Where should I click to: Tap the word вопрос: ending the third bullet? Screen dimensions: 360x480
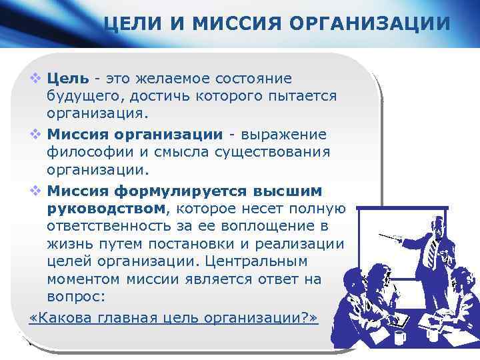(x=76, y=297)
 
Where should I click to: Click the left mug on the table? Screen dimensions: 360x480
(x=399, y=336)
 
